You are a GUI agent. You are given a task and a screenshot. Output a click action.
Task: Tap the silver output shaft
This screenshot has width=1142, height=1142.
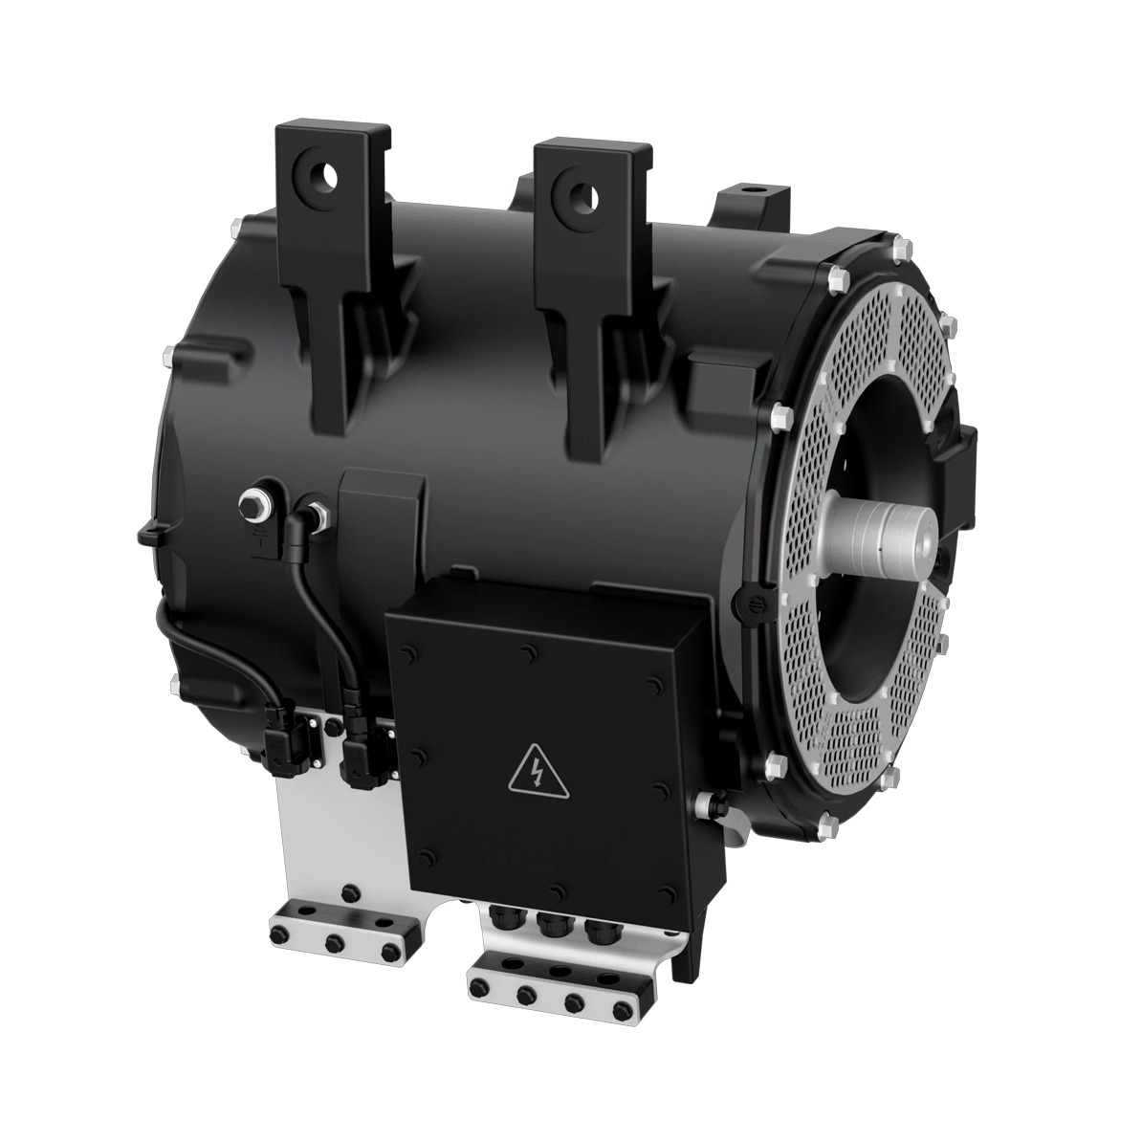(874, 539)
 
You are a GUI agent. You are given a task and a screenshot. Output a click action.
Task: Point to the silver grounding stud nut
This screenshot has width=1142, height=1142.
(256, 503)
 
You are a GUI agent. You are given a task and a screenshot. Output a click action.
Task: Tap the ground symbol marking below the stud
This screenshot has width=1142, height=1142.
(259, 538)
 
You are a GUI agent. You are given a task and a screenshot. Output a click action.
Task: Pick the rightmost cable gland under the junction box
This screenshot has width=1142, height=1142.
(599, 931)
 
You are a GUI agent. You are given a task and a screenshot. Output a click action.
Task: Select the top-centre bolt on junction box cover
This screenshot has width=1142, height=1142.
(529, 653)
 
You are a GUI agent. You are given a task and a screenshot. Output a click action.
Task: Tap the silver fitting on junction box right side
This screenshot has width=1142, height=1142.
(709, 803)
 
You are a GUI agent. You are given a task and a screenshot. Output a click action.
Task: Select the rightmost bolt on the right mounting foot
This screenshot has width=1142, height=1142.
(626, 1008)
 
